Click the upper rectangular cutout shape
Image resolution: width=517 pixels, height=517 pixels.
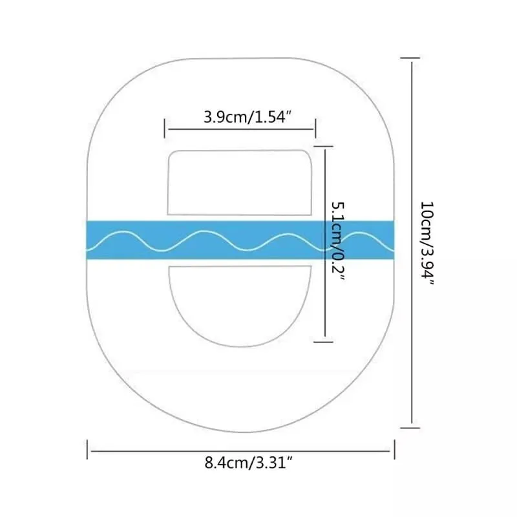tap(240, 183)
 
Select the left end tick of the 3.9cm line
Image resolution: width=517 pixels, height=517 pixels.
tap(165, 128)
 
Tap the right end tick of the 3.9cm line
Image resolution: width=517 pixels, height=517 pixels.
tap(315, 128)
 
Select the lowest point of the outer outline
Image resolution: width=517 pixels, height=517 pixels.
tap(240, 431)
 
